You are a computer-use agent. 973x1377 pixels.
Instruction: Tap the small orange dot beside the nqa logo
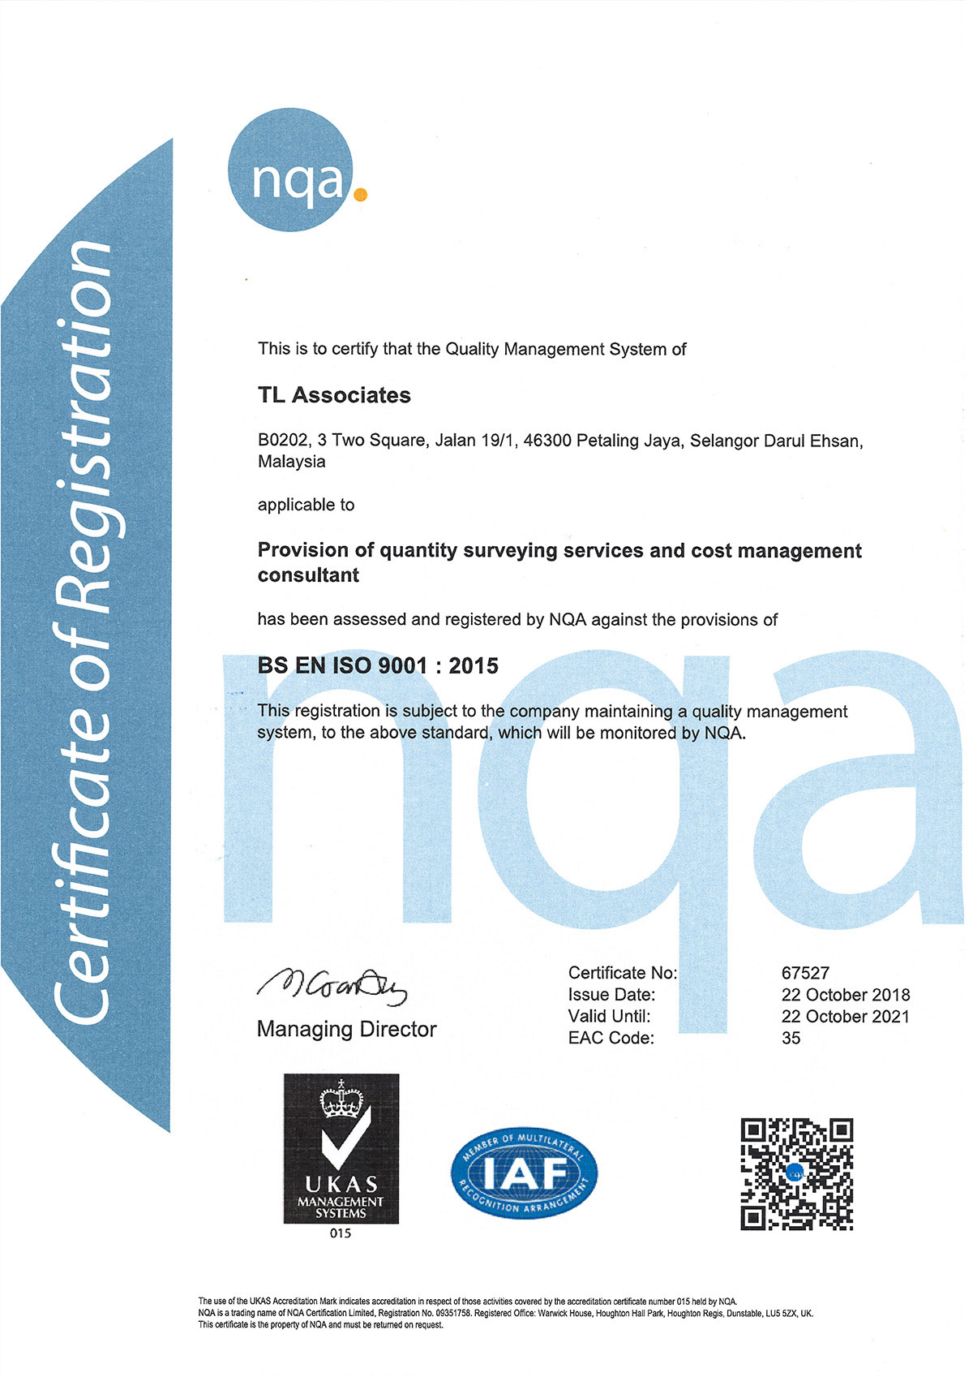click(361, 194)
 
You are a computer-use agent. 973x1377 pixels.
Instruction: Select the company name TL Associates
click(334, 395)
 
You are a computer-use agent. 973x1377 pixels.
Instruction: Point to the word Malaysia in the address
click(292, 462)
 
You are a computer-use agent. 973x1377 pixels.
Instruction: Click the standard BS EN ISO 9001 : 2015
click(378, 666)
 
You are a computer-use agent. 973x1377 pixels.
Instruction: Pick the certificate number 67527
click(805, 973)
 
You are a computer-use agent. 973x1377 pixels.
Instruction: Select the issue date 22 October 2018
click(846, 995)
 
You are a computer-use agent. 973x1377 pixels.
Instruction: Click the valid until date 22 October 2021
click(846, 1017)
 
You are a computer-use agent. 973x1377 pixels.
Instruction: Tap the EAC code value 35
click(791, 1039)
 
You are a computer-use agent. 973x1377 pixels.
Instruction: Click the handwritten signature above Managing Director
click(332, 984)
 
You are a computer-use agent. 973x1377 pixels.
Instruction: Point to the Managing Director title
click(346, 1030)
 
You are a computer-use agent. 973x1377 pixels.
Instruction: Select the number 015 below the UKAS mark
click(341, 1233)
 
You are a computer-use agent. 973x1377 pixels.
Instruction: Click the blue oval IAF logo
click(524, 1173)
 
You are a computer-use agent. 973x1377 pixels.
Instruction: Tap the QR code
click(796, 1173)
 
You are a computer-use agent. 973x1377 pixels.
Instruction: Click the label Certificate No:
click(623, 973)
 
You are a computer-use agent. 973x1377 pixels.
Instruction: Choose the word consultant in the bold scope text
click(308, 575)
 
